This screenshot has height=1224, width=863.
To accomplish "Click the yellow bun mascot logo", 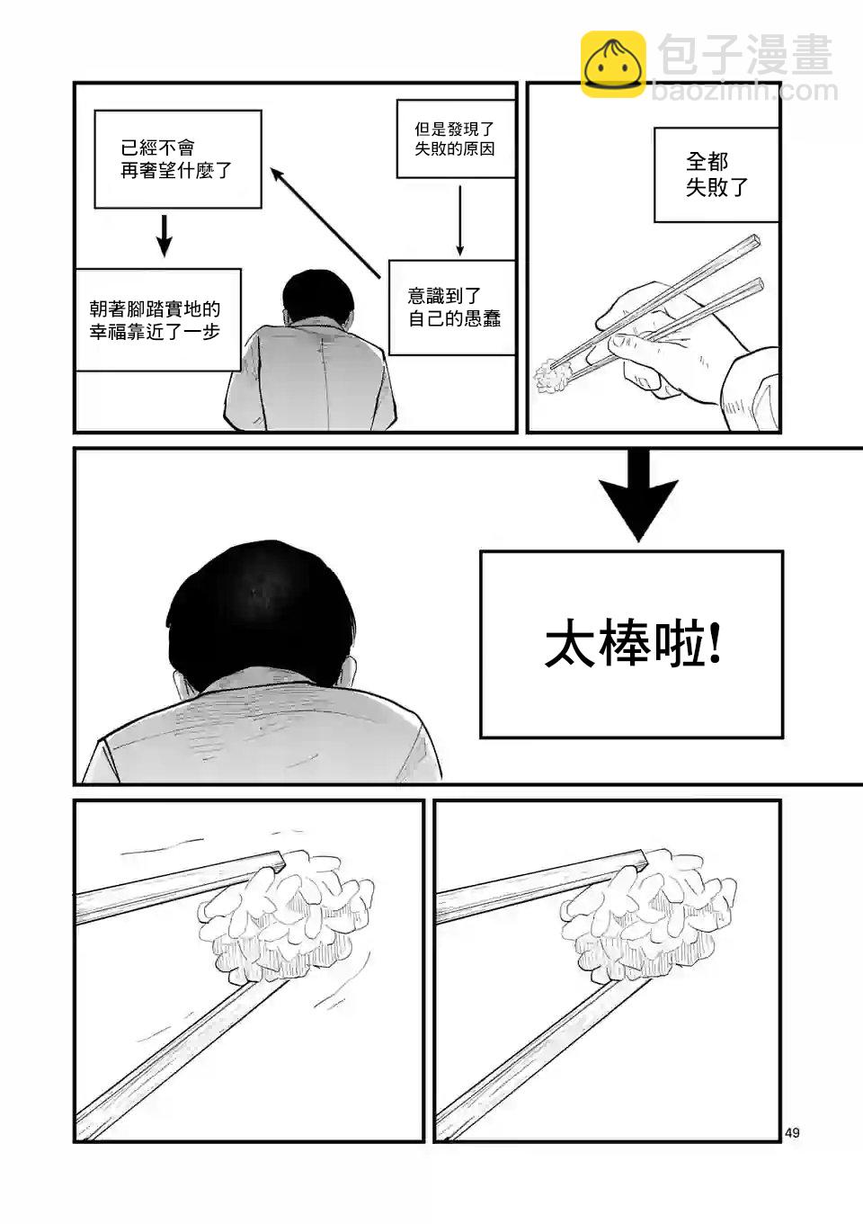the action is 613,65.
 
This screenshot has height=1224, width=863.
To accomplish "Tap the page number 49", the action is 792,1133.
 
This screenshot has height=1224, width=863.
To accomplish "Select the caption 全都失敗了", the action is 716,174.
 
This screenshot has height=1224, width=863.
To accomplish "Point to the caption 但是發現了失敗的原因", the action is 455,138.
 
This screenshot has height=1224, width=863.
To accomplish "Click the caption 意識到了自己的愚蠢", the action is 454,307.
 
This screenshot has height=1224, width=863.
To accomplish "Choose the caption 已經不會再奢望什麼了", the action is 176,159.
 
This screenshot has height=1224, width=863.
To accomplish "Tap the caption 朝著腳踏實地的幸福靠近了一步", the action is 155,320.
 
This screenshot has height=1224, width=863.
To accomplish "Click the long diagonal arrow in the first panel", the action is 325,223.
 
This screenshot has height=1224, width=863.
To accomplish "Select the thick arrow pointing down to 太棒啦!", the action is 638,496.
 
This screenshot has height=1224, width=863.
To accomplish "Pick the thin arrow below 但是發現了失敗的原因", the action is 460,220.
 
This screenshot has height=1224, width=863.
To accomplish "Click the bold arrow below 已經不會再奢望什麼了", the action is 164,236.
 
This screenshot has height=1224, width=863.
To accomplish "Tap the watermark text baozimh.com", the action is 744,91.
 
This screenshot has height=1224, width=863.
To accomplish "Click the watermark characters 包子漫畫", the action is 744,54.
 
